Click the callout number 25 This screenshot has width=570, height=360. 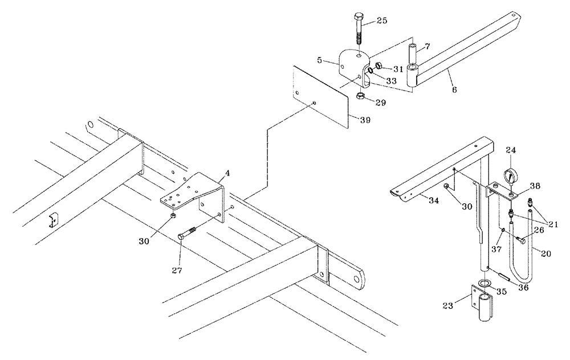point(381,21)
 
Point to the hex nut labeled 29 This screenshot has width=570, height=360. point(360,97)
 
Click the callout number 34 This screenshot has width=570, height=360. point(434,200)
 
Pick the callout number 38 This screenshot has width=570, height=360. point(535,186)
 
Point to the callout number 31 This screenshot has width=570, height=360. point(397,68)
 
